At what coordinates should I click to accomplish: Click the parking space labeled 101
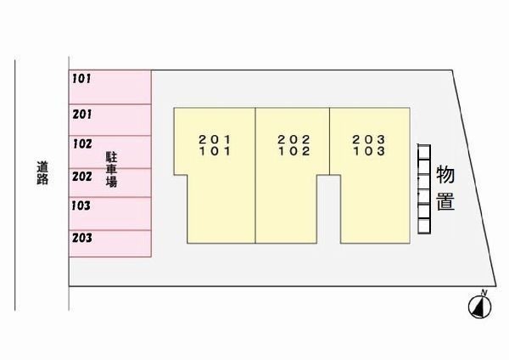click(x=110, y=87)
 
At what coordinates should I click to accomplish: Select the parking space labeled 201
click(x=110, y=120)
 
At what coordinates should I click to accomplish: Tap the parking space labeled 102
click(x=110, y=152)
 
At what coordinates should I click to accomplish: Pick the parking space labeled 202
click(x=110, y=183)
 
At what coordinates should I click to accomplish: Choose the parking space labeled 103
click(x=110, y=214)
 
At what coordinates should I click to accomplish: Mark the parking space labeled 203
click(x=110, y=244)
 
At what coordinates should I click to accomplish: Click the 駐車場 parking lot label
click(x=111, y=169)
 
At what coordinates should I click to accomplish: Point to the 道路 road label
click(x=42, y=173)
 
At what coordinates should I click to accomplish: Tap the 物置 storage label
click(x=445, y=188)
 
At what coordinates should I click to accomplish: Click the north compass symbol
click(x=480, y=307)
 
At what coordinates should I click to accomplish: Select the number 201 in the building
click(x=215, y=140)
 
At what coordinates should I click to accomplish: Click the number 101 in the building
click(x=215, y=151)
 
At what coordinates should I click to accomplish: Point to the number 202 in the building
click(x=294, y=140)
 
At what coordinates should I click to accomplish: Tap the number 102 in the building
click(x=294, y=151)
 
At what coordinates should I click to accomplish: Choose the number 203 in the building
click(x=369, y=140)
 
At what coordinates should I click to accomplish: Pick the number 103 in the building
click(x=369, y=151)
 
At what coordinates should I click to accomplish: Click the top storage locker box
click(x=424, y=152)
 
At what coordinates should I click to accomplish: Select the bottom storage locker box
click(x=424, y=226)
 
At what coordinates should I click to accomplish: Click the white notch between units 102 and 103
click(x=328, y=209)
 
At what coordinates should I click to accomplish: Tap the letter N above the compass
click(x=484, y=292)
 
